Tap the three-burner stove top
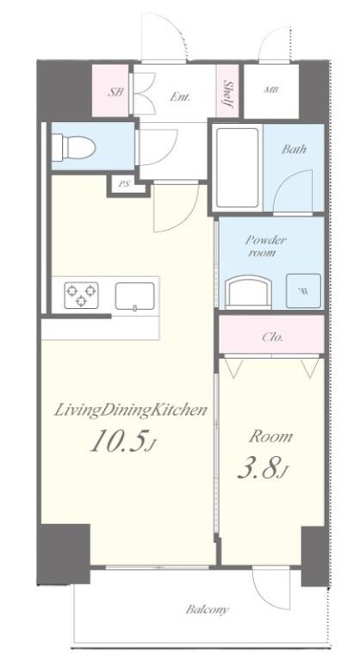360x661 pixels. pyautogui.click(x=82, y=295)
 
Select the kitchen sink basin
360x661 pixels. pyautogui.click(x=134, y=296)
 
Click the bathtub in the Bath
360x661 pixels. pyautogui.click(x=237, y=168)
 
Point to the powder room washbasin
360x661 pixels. pyautogui.click(x=248, y=291)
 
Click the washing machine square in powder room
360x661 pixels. pyautogui.click(x=303, y=291)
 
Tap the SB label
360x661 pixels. pyautogui.click(x=115, y=91)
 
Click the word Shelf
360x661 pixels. pyautogui.click(x=228, y=94)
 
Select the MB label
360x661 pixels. pyautogui.click(x=270, y=90)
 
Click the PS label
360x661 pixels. pyautogui.click(x=124, y=184)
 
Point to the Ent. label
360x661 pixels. pyautogui.click(x=180, y=97)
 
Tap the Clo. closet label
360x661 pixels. pyautogui.click(x=272, y=337)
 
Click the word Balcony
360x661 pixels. pyautogui.click(x=208, y=609)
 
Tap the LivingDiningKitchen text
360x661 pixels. pyautogui.click(x=130, y=411)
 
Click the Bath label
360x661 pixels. pyautogui.click(x=294, y=149)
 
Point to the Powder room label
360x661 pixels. pyautogui.click(x=265, y=247)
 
